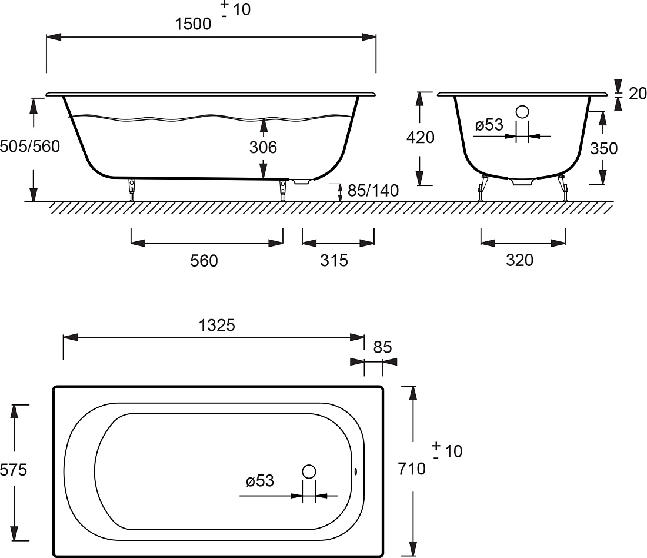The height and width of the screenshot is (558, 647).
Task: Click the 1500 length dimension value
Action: pyautogui.click(x=193, y=24)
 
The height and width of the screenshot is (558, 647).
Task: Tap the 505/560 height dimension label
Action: pyautogui.click(x=30, y=147)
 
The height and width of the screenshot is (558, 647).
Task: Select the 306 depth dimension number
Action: pyautogui.click(x=263, y=147)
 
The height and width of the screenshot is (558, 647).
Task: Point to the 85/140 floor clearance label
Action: pyautogui.click(x=373, y=190)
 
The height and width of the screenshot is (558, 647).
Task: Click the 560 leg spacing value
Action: pyautogui.click(x=204, y=261)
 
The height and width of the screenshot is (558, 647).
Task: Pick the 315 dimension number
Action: pyautogui.click(x=334, y=260)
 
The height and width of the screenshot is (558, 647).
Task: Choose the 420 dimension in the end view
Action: pyautogui.click(x=421, y=137)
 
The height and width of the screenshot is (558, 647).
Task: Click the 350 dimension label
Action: pyautogui.click(x=603, y=148)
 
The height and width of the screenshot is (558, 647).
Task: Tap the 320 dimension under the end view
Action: pyautogui.click(x=519, y=260)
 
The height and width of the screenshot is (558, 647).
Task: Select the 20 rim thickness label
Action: pyautogui.click(x=638, y=94)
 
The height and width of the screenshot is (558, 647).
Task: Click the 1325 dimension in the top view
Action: pyautogui.click(x=216, y=325)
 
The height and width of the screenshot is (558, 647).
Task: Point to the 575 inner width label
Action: pyautogui.click(x=13, y=470)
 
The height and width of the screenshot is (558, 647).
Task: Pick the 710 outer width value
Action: pyautogui.click(x=412, y=469)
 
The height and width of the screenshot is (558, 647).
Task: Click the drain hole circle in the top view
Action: pyautogui.click(x=309, y=471)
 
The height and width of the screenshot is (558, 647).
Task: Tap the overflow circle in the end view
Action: pyautogui.click(x=522, y=112)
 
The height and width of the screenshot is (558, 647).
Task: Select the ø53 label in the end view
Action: pyautogui.click(x=489, y=124)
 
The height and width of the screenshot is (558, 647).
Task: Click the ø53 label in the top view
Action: pyautogui.click(x=260, y=480)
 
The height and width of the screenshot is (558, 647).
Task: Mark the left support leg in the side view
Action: pyautogui.click(x=132, y=190)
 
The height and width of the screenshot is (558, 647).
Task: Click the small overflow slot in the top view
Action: pyautogui.click(x=356, y=471)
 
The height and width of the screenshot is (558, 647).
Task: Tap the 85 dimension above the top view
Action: pyautogui.click(x=382, y=347)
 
